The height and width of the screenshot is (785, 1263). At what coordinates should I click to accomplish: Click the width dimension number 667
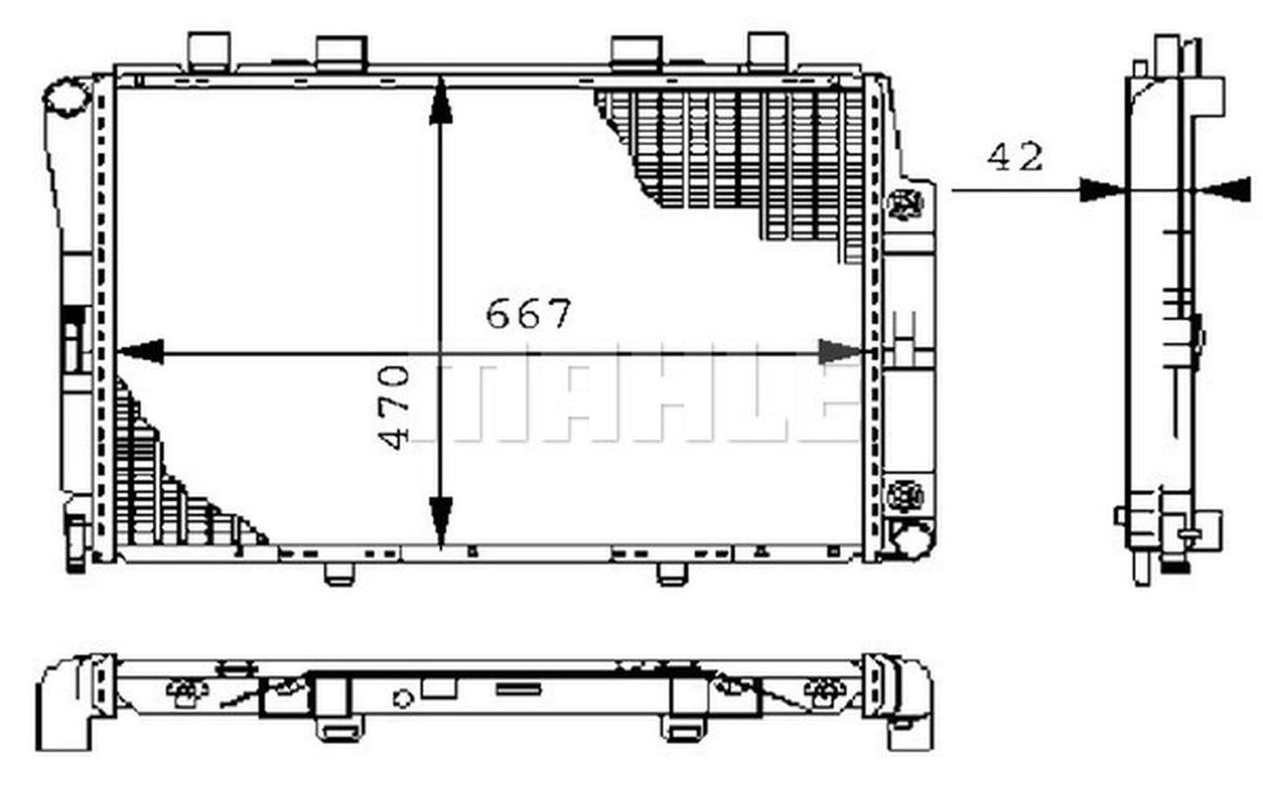[529, 315]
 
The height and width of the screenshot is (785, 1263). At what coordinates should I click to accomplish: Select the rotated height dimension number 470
[396, 406]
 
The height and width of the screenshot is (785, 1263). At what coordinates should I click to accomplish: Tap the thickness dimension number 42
[1014, 157]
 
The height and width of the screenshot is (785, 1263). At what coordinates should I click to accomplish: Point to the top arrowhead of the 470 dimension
[440, 104]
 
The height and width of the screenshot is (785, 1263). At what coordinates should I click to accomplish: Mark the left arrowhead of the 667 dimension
[140, 351]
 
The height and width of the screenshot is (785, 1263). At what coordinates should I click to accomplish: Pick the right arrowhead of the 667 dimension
[841, 351]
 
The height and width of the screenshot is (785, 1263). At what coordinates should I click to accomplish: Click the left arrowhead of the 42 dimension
[1101, 190]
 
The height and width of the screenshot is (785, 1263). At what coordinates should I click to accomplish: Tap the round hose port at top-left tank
[66, 99]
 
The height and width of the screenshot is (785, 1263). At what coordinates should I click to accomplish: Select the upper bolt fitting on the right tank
[906, 204]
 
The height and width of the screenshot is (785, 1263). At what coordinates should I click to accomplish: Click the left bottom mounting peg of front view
[339, 573]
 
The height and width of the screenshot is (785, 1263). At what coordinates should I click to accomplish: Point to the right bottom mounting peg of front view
[673, 573]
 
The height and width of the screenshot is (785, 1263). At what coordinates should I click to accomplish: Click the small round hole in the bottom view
[403, 698]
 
